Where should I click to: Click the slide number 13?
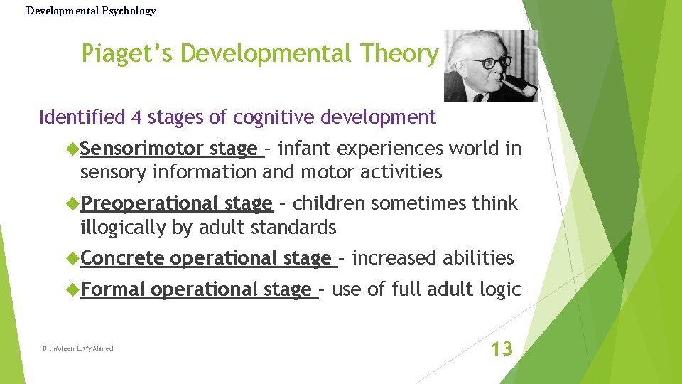502,348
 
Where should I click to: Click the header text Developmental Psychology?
91,11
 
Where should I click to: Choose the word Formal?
113,289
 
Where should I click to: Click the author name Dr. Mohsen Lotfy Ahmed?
77,348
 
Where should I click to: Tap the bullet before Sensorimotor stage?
72,149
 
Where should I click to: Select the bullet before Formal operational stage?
72,289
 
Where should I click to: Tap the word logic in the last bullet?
502,289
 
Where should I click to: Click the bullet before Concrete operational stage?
72,258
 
